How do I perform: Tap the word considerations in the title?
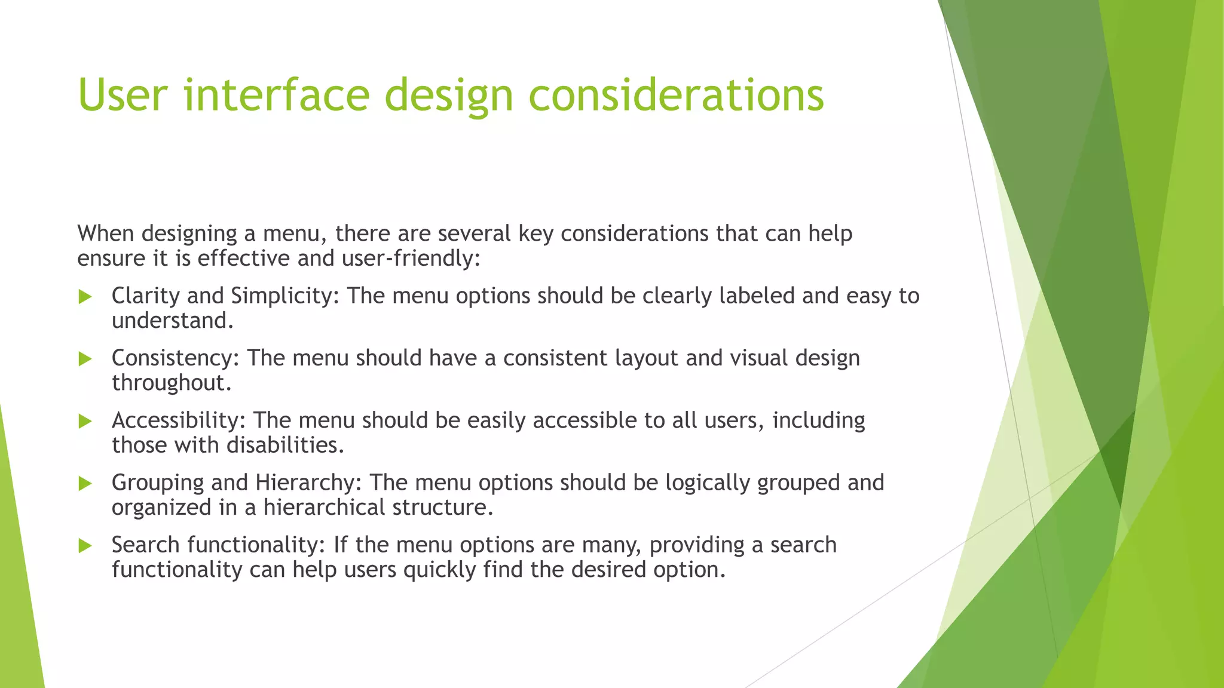point(676,96)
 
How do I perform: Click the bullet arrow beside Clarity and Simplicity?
point(85,297)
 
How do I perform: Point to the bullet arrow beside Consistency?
point(85,359)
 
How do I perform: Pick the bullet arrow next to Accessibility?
point(85,422)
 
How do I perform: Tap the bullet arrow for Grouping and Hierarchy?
point(85,484)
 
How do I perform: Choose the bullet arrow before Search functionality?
point(85,546)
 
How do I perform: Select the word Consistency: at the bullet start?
point(175,358)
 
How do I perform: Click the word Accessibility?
point(178,420)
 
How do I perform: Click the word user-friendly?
point(411,259)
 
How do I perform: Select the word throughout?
point(171,383)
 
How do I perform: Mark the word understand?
point(172,321)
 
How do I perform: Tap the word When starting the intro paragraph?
point(106,234)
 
